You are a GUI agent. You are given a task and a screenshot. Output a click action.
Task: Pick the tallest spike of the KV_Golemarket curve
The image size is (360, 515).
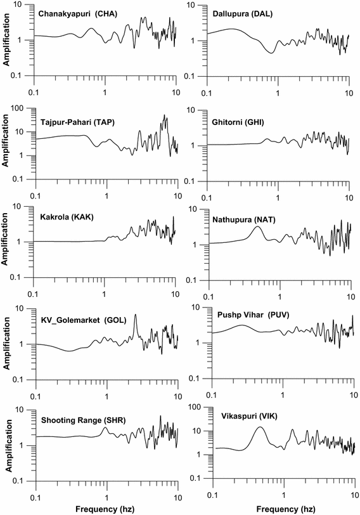click(x=135, y=316)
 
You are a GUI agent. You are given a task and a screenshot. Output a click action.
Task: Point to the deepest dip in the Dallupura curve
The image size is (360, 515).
click(x=271, y=53)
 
